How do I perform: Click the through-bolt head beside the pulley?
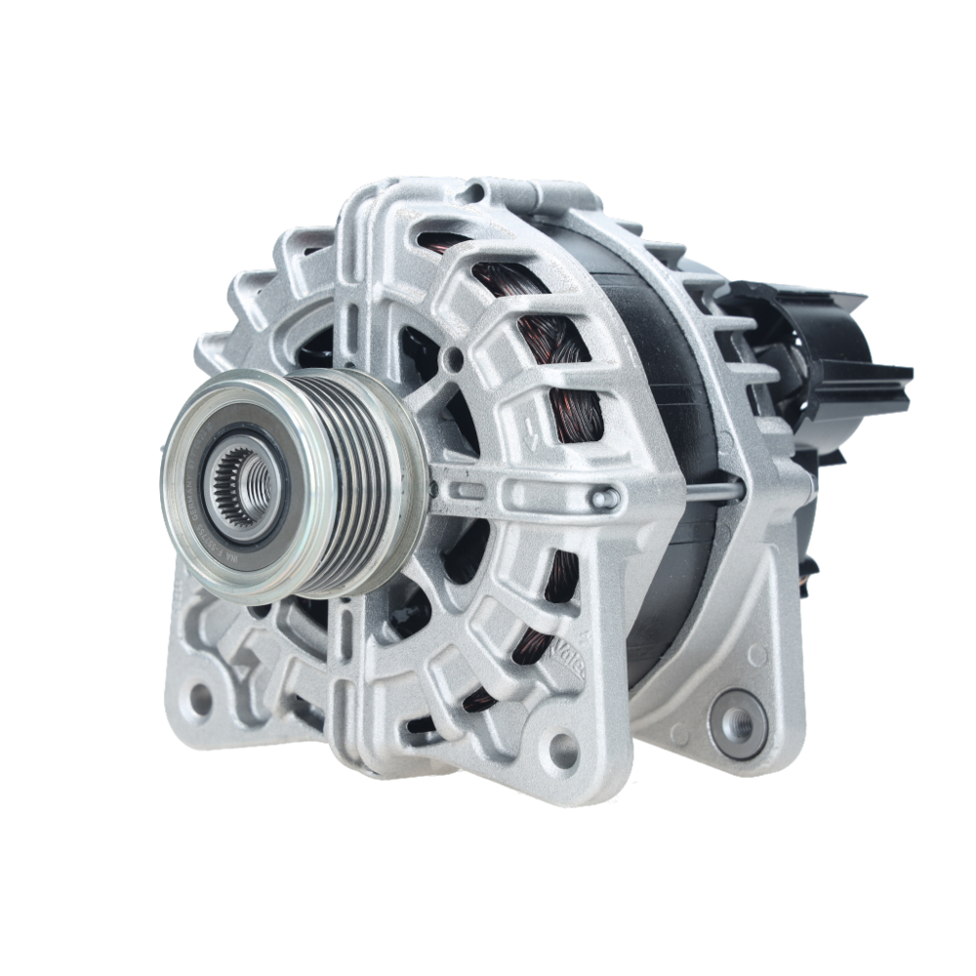coord(604,499)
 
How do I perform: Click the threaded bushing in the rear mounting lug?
coord(739,723)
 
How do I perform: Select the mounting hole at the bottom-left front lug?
coord(201,699)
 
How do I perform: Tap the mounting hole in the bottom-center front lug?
coord(563,750)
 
